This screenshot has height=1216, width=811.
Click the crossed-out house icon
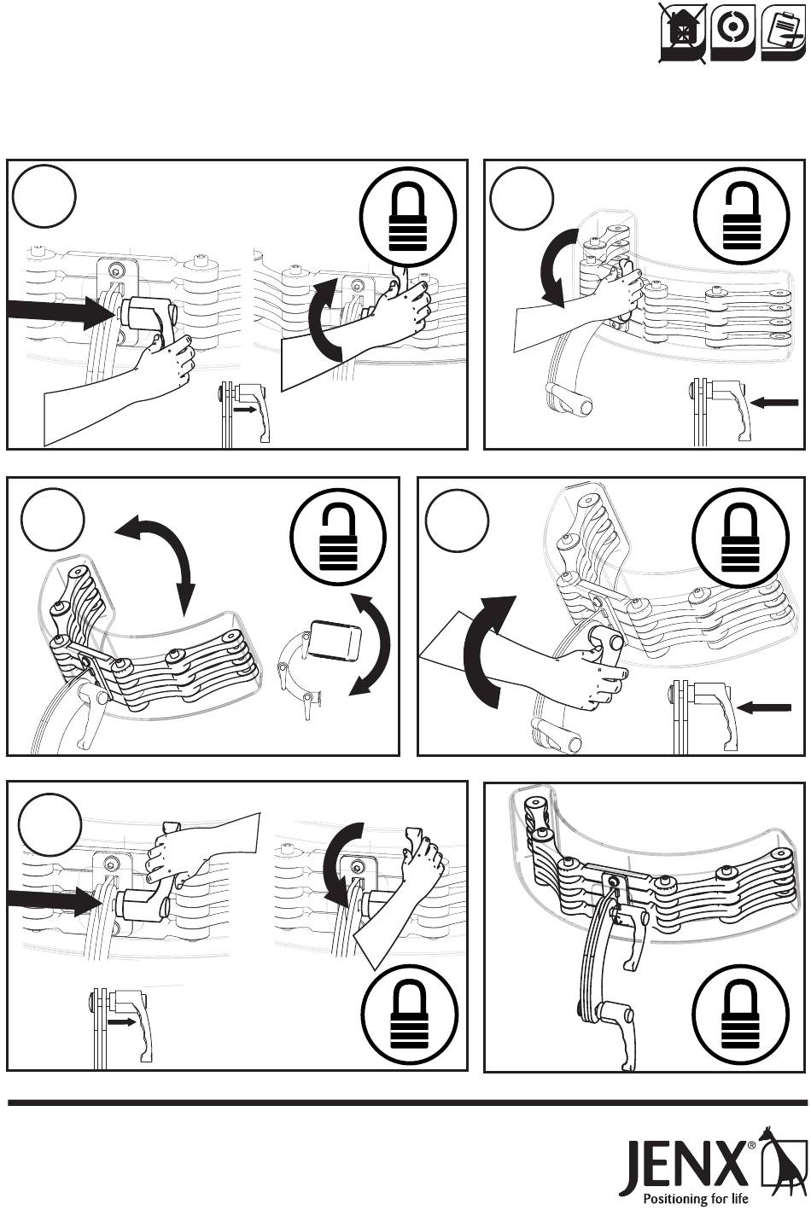coord(683,33)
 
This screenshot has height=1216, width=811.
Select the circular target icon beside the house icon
coord(732,31)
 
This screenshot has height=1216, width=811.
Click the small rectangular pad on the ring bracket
coord(335,638)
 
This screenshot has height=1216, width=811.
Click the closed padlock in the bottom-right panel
coord(733,1018)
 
